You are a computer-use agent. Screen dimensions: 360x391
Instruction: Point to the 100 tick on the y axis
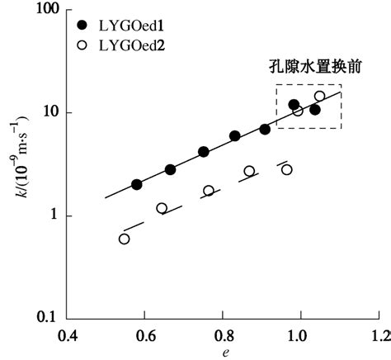53,10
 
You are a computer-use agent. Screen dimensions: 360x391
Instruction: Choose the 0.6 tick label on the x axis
147,336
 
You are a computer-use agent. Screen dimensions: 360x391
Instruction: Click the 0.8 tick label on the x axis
224,336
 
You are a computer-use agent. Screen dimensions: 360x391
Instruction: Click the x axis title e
224,353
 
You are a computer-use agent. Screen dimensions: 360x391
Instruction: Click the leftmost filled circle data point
137,184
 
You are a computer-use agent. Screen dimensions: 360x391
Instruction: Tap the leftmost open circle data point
125,239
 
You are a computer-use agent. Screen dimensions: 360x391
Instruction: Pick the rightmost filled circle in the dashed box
315,109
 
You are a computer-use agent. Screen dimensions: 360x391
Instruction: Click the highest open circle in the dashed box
320,96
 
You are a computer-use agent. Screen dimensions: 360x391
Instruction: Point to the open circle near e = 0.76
209,191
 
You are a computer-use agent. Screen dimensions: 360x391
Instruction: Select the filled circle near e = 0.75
204,152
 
